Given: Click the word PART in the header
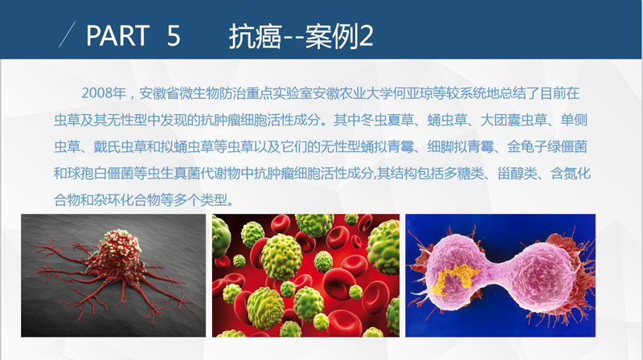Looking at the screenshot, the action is [x=117, y=35].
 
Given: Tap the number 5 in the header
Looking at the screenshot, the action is [x=174, y=35].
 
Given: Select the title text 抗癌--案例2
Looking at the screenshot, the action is [x=301, y=36].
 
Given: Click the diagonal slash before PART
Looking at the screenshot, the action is [x=68, y=35].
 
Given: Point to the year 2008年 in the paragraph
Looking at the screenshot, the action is [x=104, y=93].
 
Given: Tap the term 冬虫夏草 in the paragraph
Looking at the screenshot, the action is [x=387, y=121].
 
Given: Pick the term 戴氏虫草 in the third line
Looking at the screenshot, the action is [x=120, y=147].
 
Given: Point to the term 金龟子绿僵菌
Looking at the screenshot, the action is [x=547, y=147].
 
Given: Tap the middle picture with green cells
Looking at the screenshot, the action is [x=305, y=275].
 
